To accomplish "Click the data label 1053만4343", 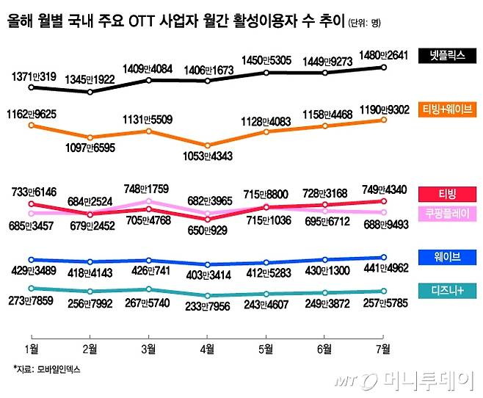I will [x=208, y=156].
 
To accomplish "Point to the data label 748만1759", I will [x=149, y=187].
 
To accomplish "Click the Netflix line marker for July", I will [x=383, y=68].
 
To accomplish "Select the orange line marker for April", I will [x=208, y=145].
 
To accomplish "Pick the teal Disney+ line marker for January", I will [x=31, y=289].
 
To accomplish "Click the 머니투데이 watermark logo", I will [x=426, y=380].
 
